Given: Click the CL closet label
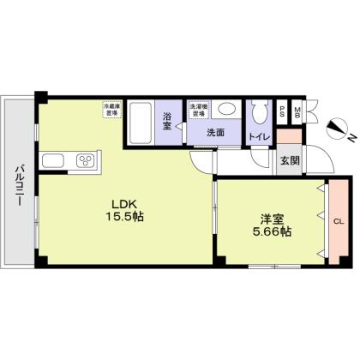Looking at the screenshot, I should pos(337,221).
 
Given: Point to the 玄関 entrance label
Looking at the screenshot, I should pos(288,159).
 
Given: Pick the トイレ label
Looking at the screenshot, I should pos(259,135).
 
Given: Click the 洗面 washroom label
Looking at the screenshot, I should pos(215,133).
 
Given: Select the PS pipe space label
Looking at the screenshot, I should pos(282,111).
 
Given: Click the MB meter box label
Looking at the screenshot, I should pos(297,111).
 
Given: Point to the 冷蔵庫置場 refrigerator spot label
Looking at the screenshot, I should pos(111,109).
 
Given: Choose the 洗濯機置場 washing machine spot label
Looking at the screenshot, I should pos(199,110).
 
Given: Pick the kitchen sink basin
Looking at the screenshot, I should pos(51,160).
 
